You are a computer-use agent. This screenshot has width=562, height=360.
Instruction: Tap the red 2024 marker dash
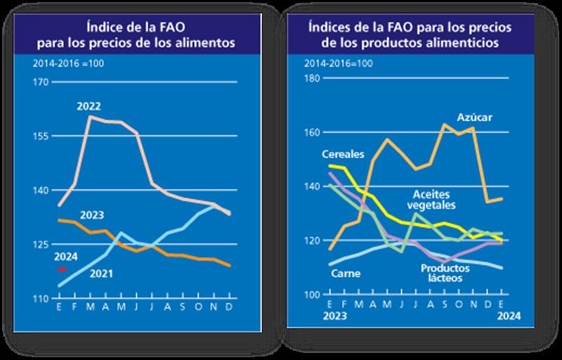pos(61,269)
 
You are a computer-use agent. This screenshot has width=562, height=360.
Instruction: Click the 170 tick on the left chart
pos(41,83)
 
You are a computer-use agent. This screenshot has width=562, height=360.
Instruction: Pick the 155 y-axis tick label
pos(41,136)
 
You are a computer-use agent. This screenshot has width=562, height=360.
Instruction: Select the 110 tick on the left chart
pos(41,299)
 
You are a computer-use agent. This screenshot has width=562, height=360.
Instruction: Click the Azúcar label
pos(474,116)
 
